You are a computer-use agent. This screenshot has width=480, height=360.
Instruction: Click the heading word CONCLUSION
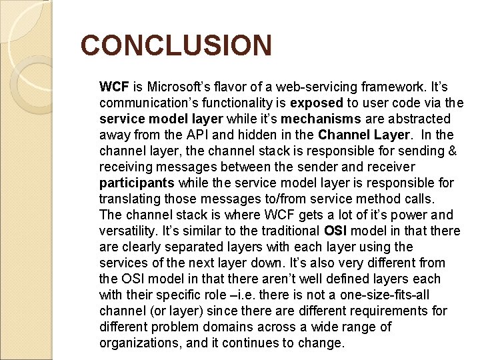pyautogui.click(x=176, y=46)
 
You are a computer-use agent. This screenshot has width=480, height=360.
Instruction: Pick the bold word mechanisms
pyautogui.click(x=321, y=119)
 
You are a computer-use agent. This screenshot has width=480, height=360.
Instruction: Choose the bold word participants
pyautogui.click(x=137, y=183)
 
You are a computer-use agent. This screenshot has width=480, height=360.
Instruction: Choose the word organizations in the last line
pyautogui.click(x=140, y=343)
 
